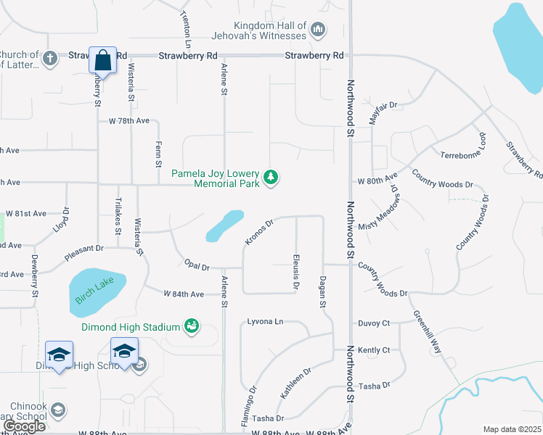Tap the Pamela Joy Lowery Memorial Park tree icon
tap(271, 177)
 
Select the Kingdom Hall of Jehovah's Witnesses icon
tap(317, 30)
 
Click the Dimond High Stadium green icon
tap(192, 326)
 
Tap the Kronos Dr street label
tap(258, 232)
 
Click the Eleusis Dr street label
tap(296, 272)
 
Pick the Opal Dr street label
tap(197, 266)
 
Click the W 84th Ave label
tap(184, 294)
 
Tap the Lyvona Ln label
tap(265, 320)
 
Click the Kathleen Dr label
tap(296, 382)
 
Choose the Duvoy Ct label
tap(374, 323)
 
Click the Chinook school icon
tap(58, 410)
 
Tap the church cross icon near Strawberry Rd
tap(50, 58)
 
